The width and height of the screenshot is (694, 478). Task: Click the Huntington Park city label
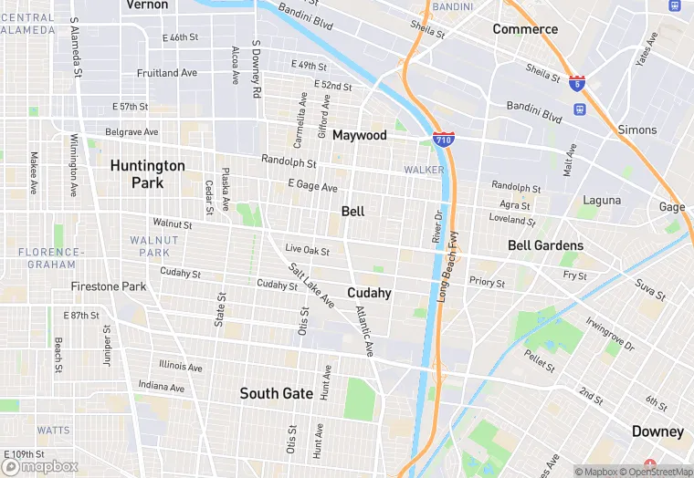[147, 174]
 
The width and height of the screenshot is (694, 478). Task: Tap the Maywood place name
[359, 135]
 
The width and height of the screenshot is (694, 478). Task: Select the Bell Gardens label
[545, 245]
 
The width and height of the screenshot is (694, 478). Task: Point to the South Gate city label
[276, 393]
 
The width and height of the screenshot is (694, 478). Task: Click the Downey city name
[657, 431]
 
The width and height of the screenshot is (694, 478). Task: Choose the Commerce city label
[525, 29]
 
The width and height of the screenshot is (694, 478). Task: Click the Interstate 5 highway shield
[576, 83]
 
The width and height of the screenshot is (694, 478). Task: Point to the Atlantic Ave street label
[364, 330]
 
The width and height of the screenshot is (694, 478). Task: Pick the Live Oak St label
[307, 249]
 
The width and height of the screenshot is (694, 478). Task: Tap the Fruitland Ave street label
[166, 73]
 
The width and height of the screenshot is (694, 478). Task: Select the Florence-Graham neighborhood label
[50, 258]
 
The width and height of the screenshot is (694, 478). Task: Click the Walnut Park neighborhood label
[150, 245]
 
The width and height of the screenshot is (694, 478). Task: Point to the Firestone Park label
[109, 286]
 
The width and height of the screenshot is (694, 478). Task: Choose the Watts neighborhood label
[53, 430]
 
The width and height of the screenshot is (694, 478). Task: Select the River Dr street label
[436, 227]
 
